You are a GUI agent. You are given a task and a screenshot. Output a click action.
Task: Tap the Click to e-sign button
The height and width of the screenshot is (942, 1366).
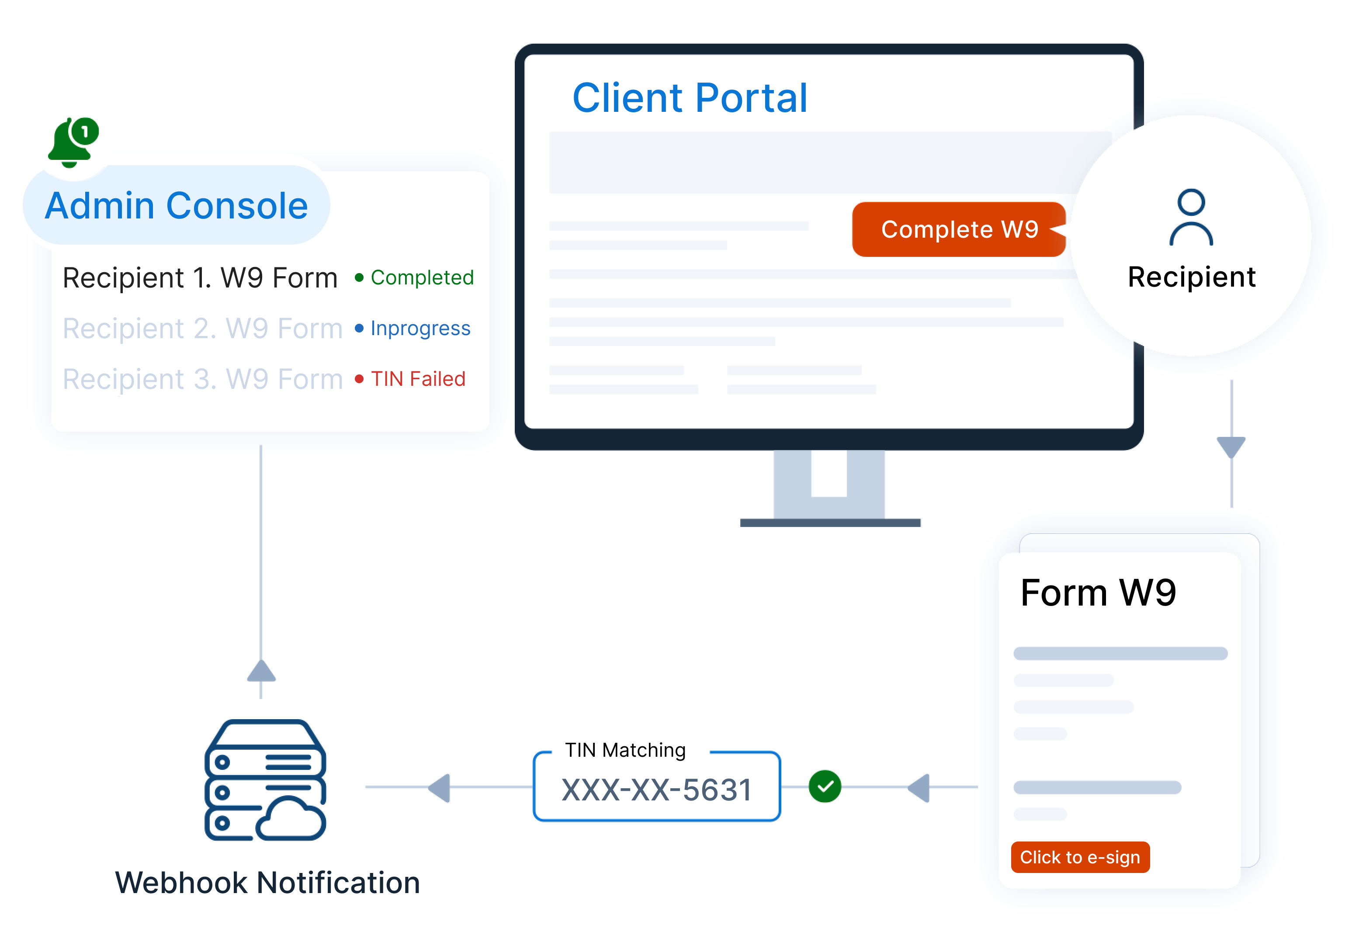[1080, 857]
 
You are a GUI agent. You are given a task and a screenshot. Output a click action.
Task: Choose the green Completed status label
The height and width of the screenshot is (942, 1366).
[422, 277]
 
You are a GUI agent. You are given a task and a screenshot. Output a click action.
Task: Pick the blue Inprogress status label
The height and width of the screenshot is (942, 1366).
[420, 328]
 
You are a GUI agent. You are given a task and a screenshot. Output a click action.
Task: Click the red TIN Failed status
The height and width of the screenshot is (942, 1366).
[417, 379]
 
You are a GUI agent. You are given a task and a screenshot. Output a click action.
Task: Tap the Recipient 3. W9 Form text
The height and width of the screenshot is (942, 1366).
[202, 379]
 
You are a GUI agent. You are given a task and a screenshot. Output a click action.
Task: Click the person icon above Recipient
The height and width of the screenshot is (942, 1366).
[1191, 217]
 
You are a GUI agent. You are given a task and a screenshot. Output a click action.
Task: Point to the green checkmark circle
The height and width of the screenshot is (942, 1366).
[825, 786]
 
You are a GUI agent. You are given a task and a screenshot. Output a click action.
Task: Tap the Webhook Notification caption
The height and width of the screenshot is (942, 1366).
[267, 883]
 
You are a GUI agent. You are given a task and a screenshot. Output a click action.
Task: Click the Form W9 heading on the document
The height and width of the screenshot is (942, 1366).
[1098, 592]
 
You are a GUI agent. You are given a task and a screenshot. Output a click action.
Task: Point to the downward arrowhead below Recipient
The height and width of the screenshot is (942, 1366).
[1231, 447]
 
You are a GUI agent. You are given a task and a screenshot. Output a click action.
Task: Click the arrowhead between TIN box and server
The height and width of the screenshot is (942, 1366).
[440, 787]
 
